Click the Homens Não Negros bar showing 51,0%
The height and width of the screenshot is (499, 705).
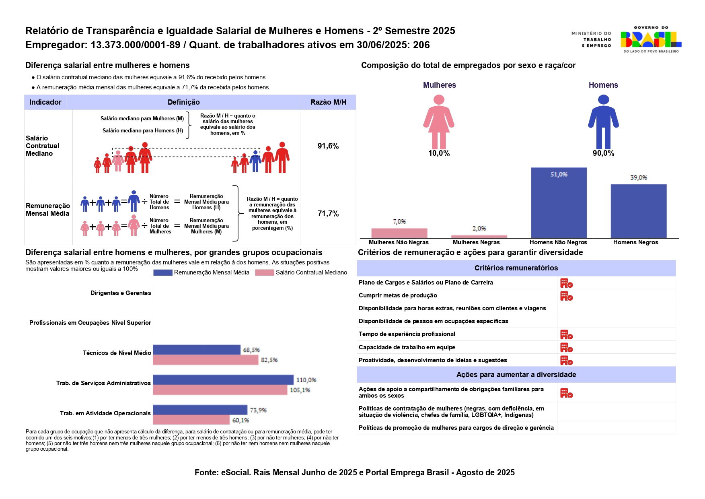pyautogui.click(x=559, y=203)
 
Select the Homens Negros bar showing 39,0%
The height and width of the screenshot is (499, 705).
pyautogui.click(x=638, y=211)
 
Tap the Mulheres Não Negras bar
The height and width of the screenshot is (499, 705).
pyautogui.click(x=399, y=233)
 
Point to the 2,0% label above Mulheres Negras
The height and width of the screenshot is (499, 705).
pyautogui.click(x=479, y=228)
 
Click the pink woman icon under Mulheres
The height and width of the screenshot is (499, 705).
pyautogui.click(x=439, y=122)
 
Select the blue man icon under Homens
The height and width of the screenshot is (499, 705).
pyautogui.click(x=603, y=122)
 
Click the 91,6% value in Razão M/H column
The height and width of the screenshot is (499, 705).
pyautogui.click(x=328, y=146)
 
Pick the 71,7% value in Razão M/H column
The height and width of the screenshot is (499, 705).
pyautogui.click(x=328, y=213)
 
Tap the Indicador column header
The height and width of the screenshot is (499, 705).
pyautogui.click(x=45, y=102)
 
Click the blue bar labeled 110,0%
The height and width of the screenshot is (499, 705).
pyautogui.click(x=223, y=379)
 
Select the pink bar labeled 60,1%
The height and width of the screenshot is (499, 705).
pyautogui.click(x=191, y=420)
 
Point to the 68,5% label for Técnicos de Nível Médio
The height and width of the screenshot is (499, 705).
pyautogui.click(x=251, y=350)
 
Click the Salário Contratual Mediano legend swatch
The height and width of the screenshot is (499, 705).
pyautogui.click(x=264, y=272)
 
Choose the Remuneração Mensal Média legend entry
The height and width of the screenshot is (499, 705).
pyautogui.click(x=201, y=272)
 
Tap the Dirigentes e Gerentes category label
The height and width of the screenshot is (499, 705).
pyautogui.click(x=121, y=293)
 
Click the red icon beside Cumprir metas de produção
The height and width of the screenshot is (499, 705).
pyautogui.click(x=566, y=296)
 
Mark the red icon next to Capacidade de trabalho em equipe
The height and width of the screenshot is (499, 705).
pyautogui.click(x=566, y=348)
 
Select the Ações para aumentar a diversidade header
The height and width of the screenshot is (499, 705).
pyautogui.click(x=516, y=375)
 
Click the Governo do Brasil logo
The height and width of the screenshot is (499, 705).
pyautogui.click(x=650, y=39)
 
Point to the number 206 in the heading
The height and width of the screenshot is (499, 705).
pyautogui.click(x=421, y=45)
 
